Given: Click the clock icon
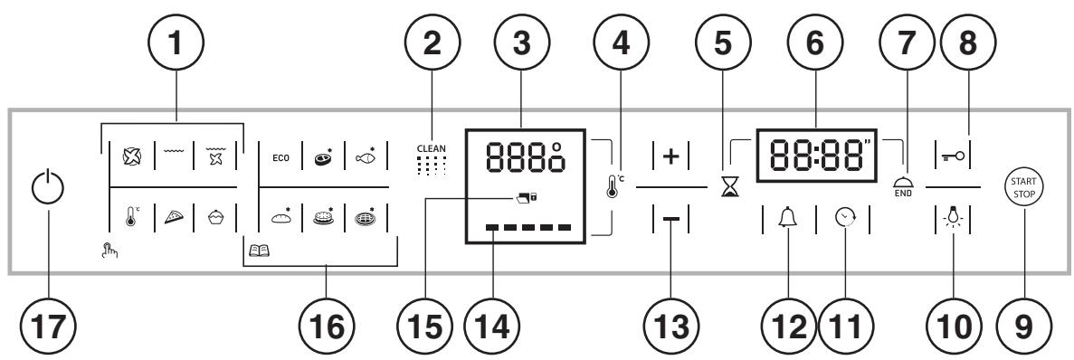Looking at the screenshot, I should click(x=844, y=219).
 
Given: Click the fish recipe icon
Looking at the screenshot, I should click(x=368, y=154).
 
